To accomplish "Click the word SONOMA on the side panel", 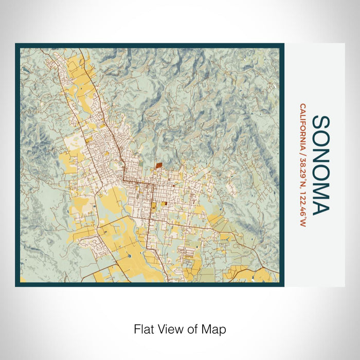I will click(x=321, y=165).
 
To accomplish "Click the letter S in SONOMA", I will click(x=321, y=122).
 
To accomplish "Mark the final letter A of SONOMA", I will click(x=321, y=207).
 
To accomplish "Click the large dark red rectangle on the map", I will click(x=159, y=166).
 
